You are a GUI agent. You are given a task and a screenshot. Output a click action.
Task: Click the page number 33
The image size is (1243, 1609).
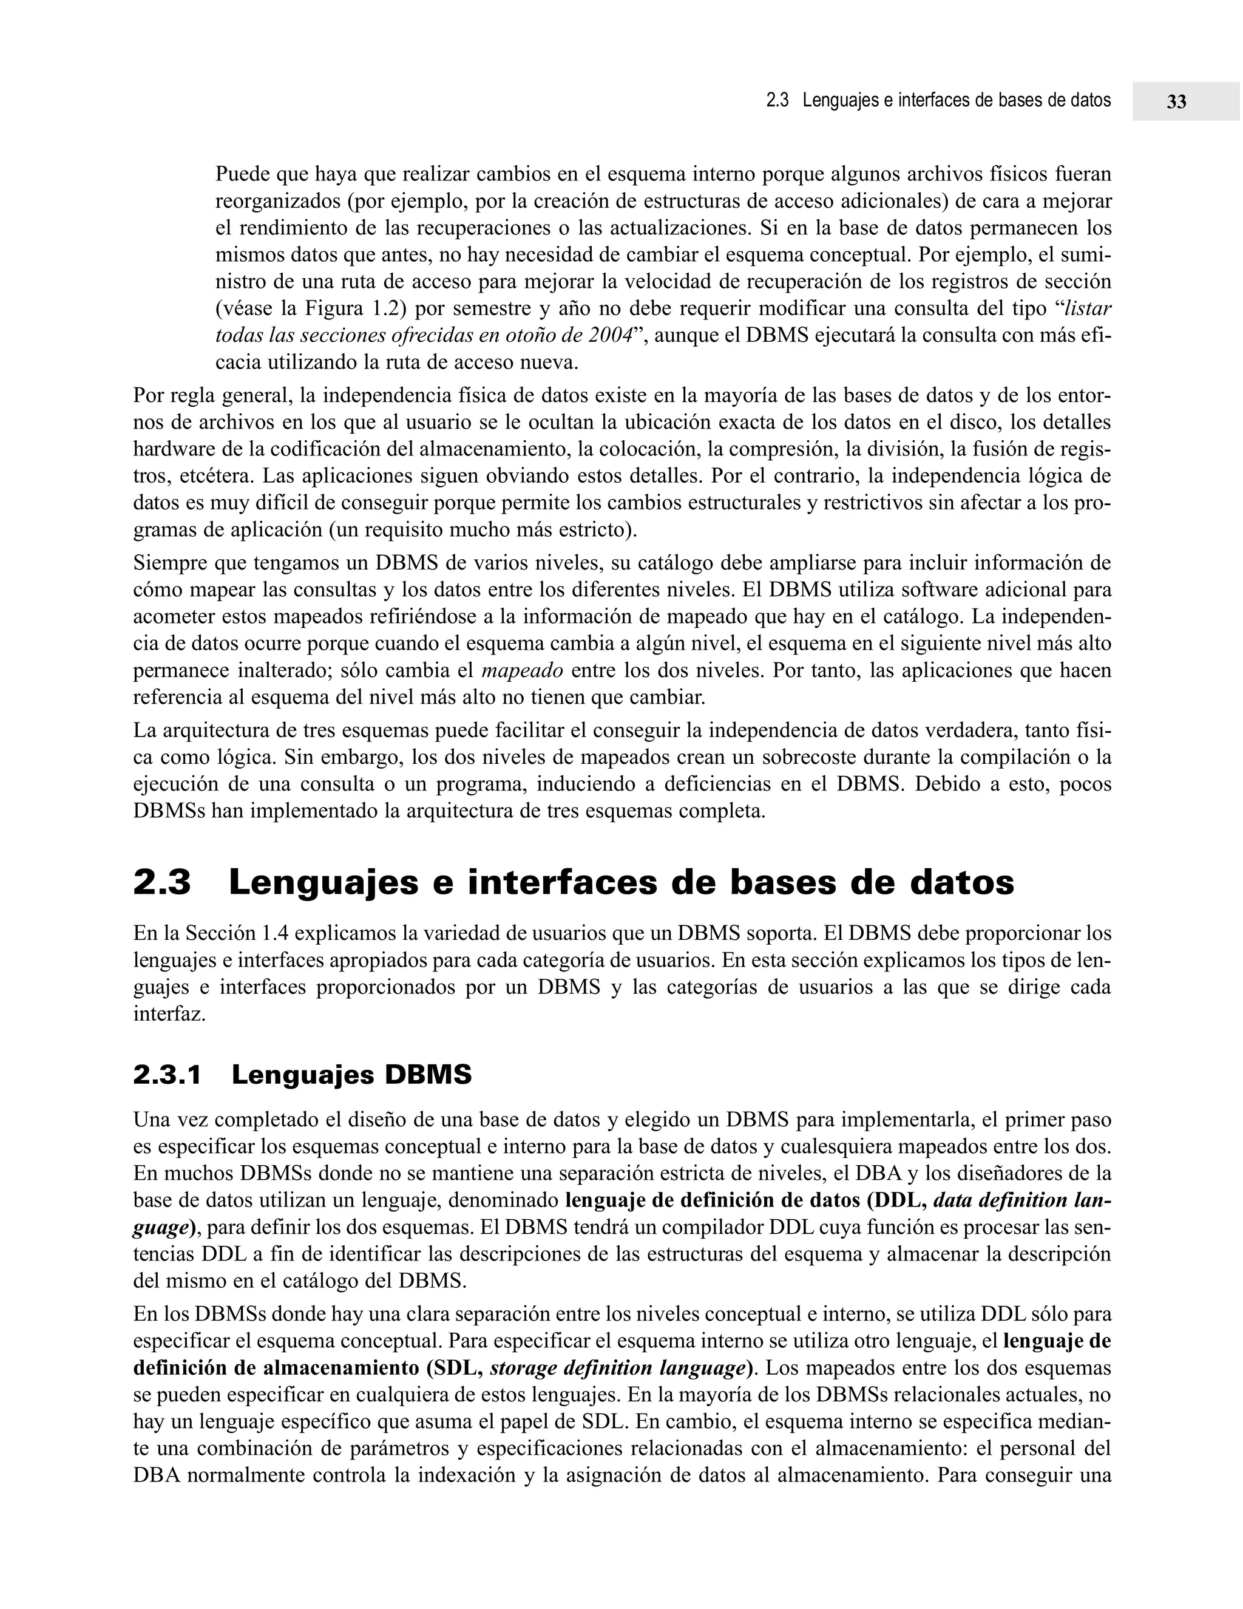coord(1176,101)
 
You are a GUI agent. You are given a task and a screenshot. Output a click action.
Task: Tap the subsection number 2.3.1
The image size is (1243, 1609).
coord(167,1076)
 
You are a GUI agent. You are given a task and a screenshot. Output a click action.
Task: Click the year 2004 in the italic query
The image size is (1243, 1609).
coord(611,335)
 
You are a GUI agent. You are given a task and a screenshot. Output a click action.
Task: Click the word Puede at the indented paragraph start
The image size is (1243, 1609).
coord(242,175)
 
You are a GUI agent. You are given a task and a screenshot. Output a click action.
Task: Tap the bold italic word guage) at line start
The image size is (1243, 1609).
coord(165,1227)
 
